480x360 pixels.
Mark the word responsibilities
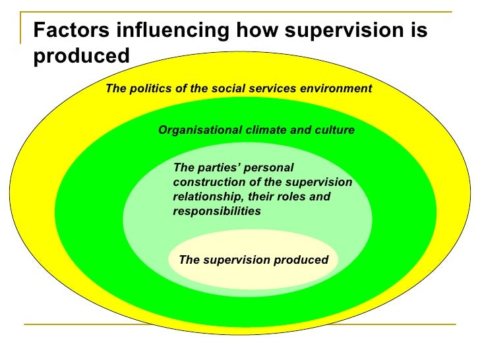pos(217,211)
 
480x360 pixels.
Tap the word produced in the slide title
pos(82,55)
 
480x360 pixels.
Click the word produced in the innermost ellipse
pos(301,260)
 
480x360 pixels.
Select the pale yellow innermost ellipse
pos(253,274)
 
